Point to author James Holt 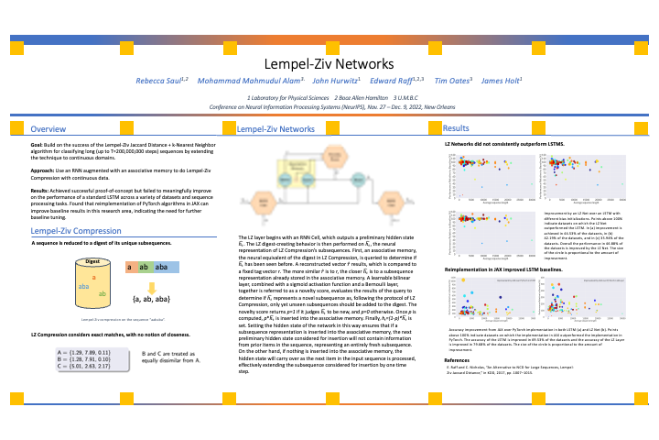pyautogui.click(x=501, y=82)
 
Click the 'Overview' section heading pyautogui.click(x=47, y=129)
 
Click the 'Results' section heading pyautogui.click(x=456, y=128)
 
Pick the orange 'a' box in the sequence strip pyautogui.click(x=130, y=267)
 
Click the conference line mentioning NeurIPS pyautogui.click(x=329, y=105)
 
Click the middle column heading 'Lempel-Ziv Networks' pyautogui.click(x=276, y=130)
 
